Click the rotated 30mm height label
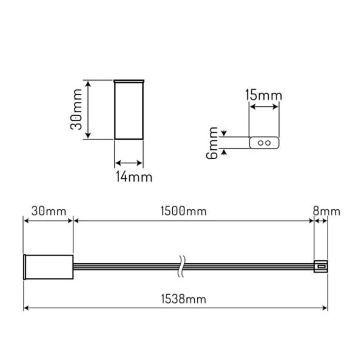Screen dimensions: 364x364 [x=76, y=110]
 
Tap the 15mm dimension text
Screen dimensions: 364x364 [x=264, y=95]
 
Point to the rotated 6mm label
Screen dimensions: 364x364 [x=212, y=143]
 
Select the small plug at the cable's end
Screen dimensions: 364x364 [x=320, y=266]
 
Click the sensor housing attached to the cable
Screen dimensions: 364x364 [x=49, y=266]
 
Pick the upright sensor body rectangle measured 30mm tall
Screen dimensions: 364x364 [x=129, y=110]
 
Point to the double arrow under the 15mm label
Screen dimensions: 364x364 [x=265, y=107]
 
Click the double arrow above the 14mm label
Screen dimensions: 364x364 [x=129, y=163]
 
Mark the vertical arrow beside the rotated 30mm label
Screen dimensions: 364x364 [x=89, y=110]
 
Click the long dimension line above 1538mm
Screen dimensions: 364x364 [x=176, y=309]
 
